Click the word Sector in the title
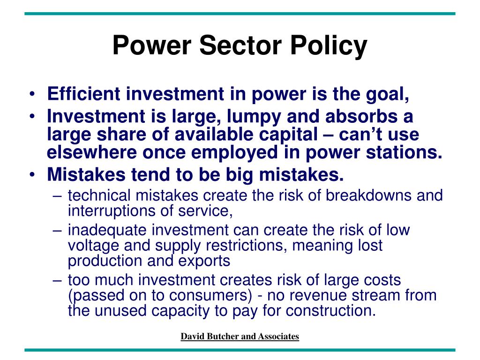(x=240, y=45)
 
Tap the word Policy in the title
(x=329, y=46)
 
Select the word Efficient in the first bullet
(x=83, y=93)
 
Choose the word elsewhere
(x=91, y=152)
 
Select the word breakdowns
(x=368, y=195)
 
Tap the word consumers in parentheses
(x=210, y=295)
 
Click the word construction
(x=330, y=311)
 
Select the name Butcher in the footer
(x=223, y=336)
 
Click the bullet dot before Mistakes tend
(x=32, y=175)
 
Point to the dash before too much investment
(x=57, y=281)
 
